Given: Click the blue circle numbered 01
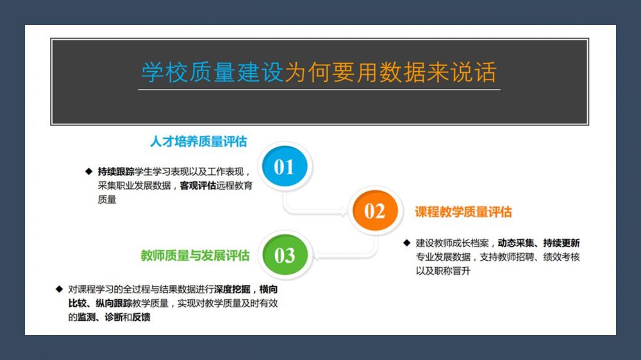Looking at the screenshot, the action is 285,167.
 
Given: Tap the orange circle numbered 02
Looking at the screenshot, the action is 375,211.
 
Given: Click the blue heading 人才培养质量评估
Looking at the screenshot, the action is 199,142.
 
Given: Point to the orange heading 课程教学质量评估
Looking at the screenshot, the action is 463,211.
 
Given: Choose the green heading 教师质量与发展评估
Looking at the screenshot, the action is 195,256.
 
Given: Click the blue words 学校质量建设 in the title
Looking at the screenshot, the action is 213,72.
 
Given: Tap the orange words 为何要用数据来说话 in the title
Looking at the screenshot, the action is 391,72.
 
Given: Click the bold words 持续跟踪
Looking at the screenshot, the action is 115,172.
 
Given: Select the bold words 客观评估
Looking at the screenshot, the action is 198,186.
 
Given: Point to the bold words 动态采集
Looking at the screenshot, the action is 516,243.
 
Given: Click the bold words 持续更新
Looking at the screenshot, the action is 562,243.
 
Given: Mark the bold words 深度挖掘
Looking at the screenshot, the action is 232,290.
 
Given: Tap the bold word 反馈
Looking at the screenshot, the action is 141,317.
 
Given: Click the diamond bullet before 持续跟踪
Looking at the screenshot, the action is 88,171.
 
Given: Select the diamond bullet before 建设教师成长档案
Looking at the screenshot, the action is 407,243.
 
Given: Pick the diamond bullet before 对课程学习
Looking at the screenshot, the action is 59,289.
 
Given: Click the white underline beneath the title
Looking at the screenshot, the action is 319,89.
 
